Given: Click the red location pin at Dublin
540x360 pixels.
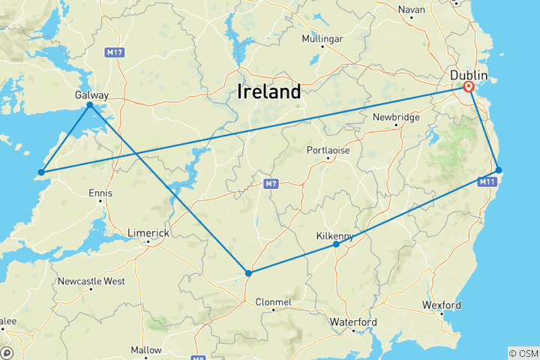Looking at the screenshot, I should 469,87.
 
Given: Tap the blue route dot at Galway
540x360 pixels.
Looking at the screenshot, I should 90,105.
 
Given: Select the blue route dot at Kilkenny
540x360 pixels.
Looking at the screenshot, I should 336,244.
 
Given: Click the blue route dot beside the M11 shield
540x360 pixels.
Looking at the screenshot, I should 499,170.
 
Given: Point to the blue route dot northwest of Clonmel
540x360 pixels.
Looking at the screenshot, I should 248,273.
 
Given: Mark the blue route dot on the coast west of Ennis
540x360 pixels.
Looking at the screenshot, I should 41,172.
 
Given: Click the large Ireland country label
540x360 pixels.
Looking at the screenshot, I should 268,92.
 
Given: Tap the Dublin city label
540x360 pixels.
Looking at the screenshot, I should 469,76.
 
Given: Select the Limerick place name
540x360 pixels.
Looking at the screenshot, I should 148,233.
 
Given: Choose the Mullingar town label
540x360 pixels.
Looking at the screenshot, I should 322,38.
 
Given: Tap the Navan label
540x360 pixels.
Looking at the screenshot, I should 411,9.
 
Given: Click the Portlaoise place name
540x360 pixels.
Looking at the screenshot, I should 328,150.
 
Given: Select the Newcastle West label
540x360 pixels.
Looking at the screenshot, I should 92,281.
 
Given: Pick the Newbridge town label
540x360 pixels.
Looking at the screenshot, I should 397,117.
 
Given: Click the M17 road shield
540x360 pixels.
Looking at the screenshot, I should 115,52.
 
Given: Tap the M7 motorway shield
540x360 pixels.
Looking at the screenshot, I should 271,183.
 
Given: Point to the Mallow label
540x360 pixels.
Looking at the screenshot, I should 146,349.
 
